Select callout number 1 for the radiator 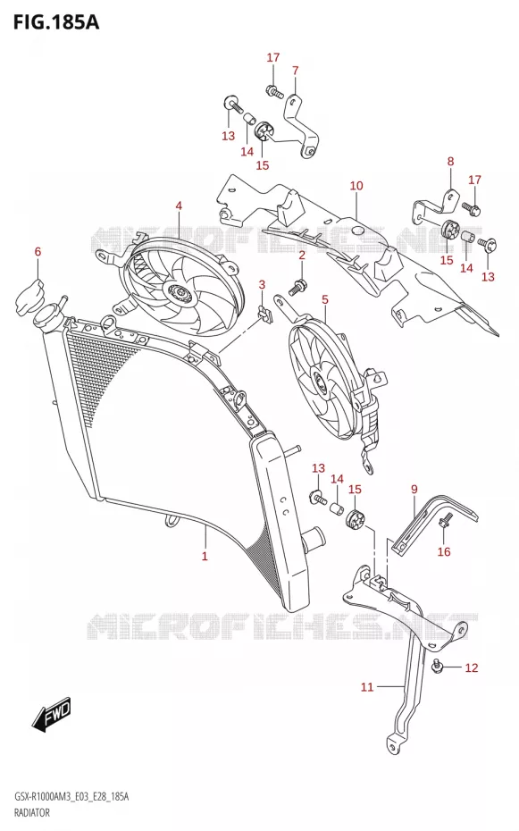[205, 556]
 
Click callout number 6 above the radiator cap [38, 251]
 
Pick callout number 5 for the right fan [324, 299]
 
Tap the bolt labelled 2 [296, 286]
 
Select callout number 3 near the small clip [262, 285]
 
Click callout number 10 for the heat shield [356, 186]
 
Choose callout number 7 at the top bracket [295, 70]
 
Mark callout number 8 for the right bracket [450, 161]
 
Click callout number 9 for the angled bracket [414, 489]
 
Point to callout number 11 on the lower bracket [367, 687]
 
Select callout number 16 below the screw [444, 551]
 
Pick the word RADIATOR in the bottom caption [32, 812]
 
